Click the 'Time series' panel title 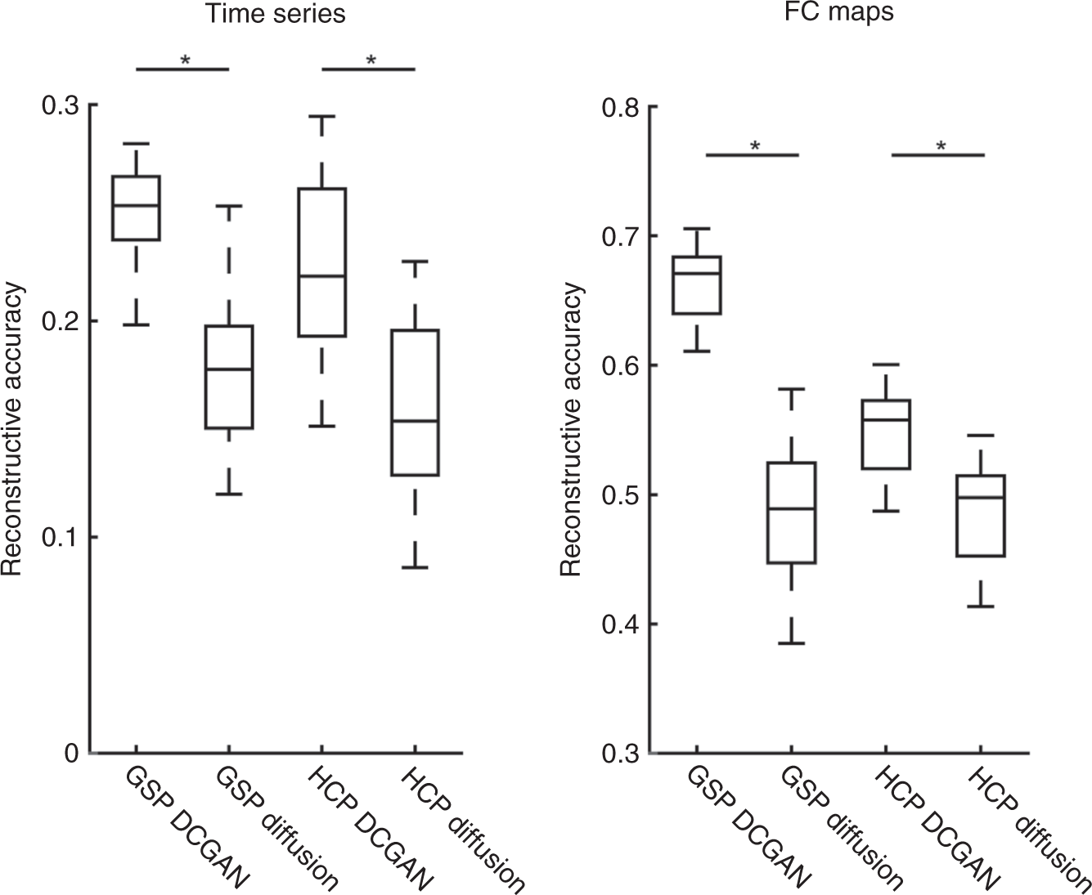[276, 15]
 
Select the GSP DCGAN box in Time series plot [136, 208]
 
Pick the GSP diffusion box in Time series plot [228, 377]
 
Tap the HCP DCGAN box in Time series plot [321, 262]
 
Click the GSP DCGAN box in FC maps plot [696, 284]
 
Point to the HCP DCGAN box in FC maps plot [886, 434]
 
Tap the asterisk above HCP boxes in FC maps [941, 146]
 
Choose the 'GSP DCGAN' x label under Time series [184, 826]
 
